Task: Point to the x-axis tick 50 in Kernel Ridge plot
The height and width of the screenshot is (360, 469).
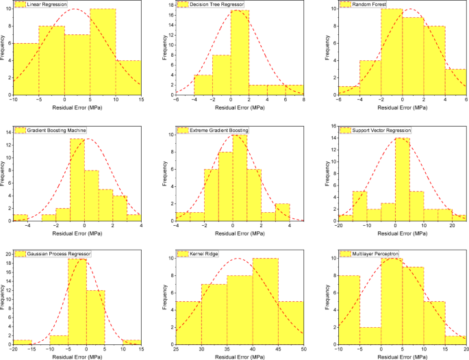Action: [303, 350]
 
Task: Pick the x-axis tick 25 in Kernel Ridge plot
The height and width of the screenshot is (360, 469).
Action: [176, 350]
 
